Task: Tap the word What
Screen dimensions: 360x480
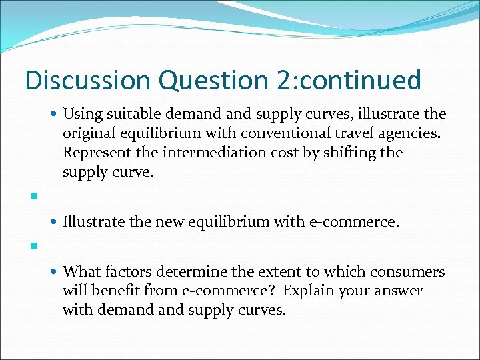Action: (x=80, y=272)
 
